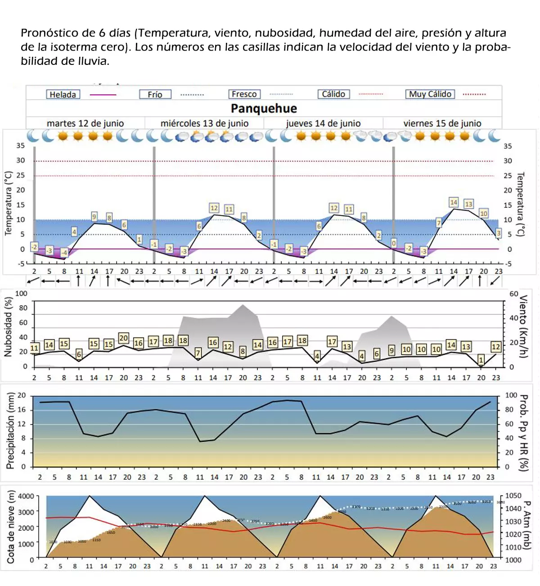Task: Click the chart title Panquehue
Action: coord(264,108)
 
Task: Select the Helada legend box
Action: coord(63,94)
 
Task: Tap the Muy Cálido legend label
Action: coord(430,94)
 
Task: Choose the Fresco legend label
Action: coord(244,94)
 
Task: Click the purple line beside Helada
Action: coord(103,95)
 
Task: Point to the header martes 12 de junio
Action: coord(85,123)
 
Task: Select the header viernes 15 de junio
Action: coord(442,123)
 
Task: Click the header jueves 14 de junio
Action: coord(323,123)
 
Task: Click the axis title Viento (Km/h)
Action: coord(523,326)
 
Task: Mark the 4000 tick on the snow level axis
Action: coord(26,496)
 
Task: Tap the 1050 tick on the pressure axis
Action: coord(513,495)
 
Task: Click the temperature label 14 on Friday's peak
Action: coord(454,202)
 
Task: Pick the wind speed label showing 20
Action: coord(123,338)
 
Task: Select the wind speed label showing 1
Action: coord(481,360)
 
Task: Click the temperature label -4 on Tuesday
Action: coord(64,253)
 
